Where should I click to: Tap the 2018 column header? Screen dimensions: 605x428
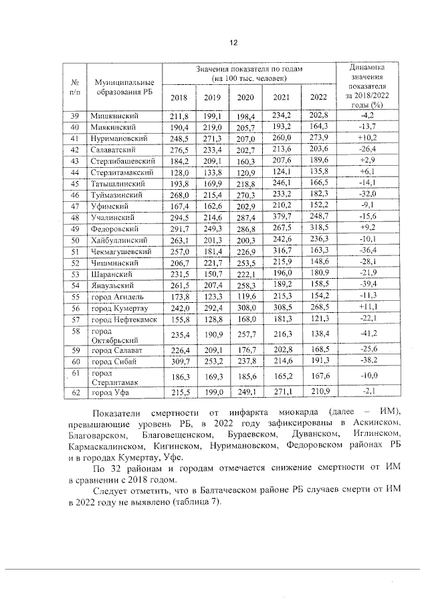(x=179, y=98)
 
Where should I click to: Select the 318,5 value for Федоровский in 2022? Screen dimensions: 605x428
(x=318, y=229)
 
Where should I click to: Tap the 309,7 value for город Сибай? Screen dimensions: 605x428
(x=179, y=361)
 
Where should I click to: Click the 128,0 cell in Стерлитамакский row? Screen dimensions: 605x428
(x=179, y=172)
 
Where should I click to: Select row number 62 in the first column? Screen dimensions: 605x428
(x=76, y=394)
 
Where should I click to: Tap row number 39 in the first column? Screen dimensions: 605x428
(x=76, y=116)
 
